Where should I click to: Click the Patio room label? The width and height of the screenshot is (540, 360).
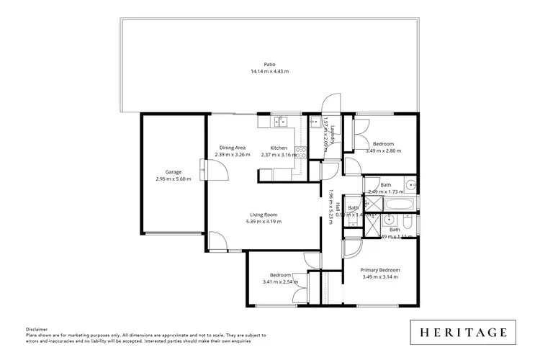pos(270,64)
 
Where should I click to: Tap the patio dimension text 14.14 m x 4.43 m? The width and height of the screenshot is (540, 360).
pos(270,71)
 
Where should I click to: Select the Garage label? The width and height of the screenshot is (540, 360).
pos(173,171)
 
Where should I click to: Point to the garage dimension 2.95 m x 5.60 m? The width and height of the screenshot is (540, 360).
pos(173,179)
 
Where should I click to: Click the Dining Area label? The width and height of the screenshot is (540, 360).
pos(233,148)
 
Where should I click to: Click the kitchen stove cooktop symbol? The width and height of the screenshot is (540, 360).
pos(302,152)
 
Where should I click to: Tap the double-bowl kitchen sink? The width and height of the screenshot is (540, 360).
pos(280,121)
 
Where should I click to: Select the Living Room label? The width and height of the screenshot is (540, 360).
pos(264,215)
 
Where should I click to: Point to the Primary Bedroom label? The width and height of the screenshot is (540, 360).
pos(379,270)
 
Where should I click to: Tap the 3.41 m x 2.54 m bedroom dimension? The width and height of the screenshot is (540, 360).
pos(280,282)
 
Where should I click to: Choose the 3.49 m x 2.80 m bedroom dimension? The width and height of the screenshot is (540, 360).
pos(383,150)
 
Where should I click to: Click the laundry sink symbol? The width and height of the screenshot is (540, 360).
pos(315,122)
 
